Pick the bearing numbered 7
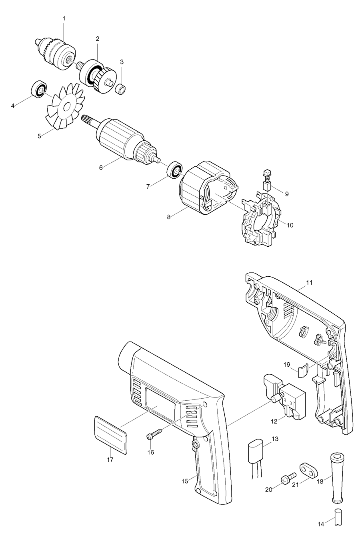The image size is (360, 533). [x=174, y=170]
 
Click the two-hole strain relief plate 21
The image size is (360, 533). [x=307, y=471]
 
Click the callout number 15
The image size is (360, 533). [x=184, y=481]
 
